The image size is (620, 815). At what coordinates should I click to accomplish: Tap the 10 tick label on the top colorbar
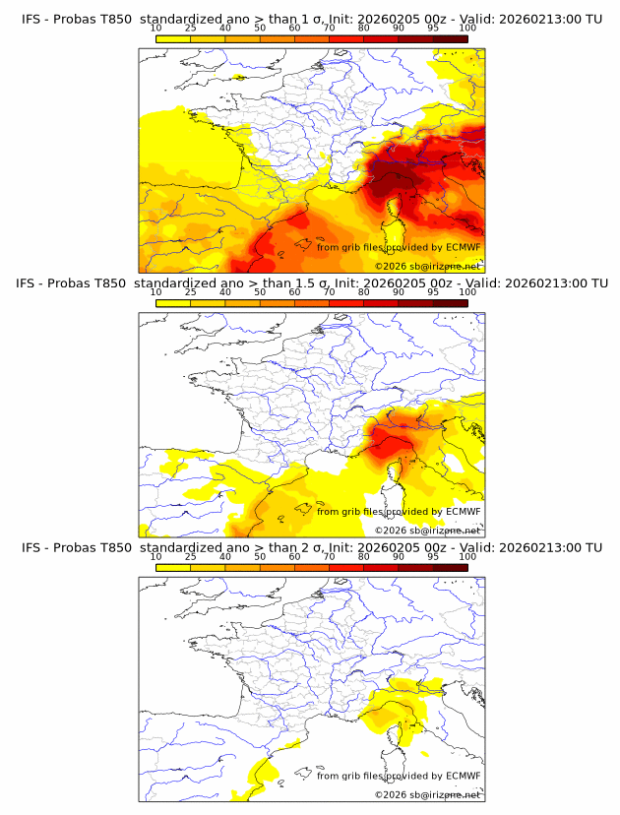click(156, 28)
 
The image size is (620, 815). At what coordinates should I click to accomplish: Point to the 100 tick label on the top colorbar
click(467, 28)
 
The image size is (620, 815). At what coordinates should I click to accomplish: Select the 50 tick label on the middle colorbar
click(260, 292)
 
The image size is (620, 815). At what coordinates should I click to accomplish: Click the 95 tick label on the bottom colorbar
click(433, 556)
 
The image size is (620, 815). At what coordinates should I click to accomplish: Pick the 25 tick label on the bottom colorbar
click(191, 556)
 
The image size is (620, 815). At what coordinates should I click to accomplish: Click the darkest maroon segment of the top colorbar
click(450, 38)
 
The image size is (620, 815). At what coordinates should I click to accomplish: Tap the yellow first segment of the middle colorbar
click(173, 303)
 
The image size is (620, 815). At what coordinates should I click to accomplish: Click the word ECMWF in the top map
click(463, 247)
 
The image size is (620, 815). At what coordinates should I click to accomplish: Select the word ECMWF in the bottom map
click(463, 775)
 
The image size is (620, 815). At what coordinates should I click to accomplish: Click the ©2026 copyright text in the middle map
click(427, 530)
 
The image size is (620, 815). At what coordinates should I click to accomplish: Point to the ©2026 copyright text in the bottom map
click(427, 794)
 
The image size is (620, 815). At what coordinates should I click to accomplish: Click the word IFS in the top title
click(31, 19)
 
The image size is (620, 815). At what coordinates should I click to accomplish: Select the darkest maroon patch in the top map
click(399, 182)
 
